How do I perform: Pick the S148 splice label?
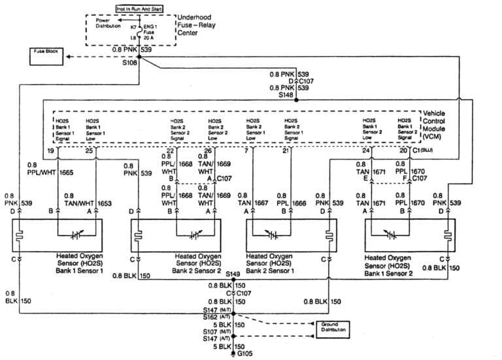286,95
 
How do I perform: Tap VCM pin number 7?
246,152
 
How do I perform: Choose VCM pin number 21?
285,152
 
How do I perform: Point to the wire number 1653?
105,204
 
